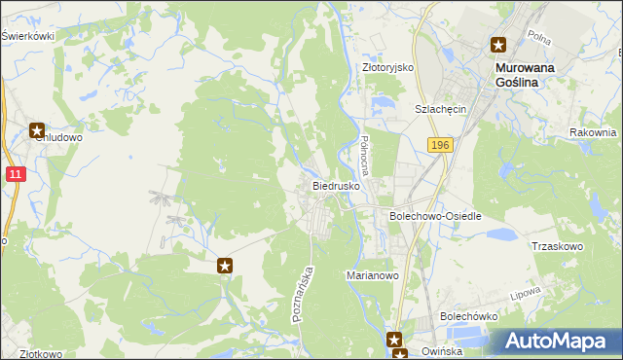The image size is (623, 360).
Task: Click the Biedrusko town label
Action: click(x=337, y=184)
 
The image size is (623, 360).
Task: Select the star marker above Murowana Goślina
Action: click(x=499, y=44)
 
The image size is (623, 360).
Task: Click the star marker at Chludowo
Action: click(x=37, y=129)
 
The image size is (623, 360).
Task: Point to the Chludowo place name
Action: click(x=57, y=138)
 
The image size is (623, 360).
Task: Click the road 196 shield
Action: click(x=440, y=144)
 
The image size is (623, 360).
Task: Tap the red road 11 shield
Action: click(x=15, y=173)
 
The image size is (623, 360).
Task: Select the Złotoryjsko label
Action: click(x=388, y=68)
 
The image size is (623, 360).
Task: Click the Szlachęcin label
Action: click(x=442, y=109)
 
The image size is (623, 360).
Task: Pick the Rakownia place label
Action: click(x=594, y=132)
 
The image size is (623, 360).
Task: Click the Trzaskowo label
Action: click(x=557, y=246)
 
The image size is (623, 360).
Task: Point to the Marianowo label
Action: click(x=374, y=275)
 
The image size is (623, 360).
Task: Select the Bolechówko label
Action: click(x=469, y=316)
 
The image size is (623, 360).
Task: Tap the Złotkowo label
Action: click(x=33, y=354)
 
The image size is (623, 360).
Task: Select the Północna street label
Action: click(x=366, y=151)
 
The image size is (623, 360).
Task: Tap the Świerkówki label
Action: click(x=27, y=36)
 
